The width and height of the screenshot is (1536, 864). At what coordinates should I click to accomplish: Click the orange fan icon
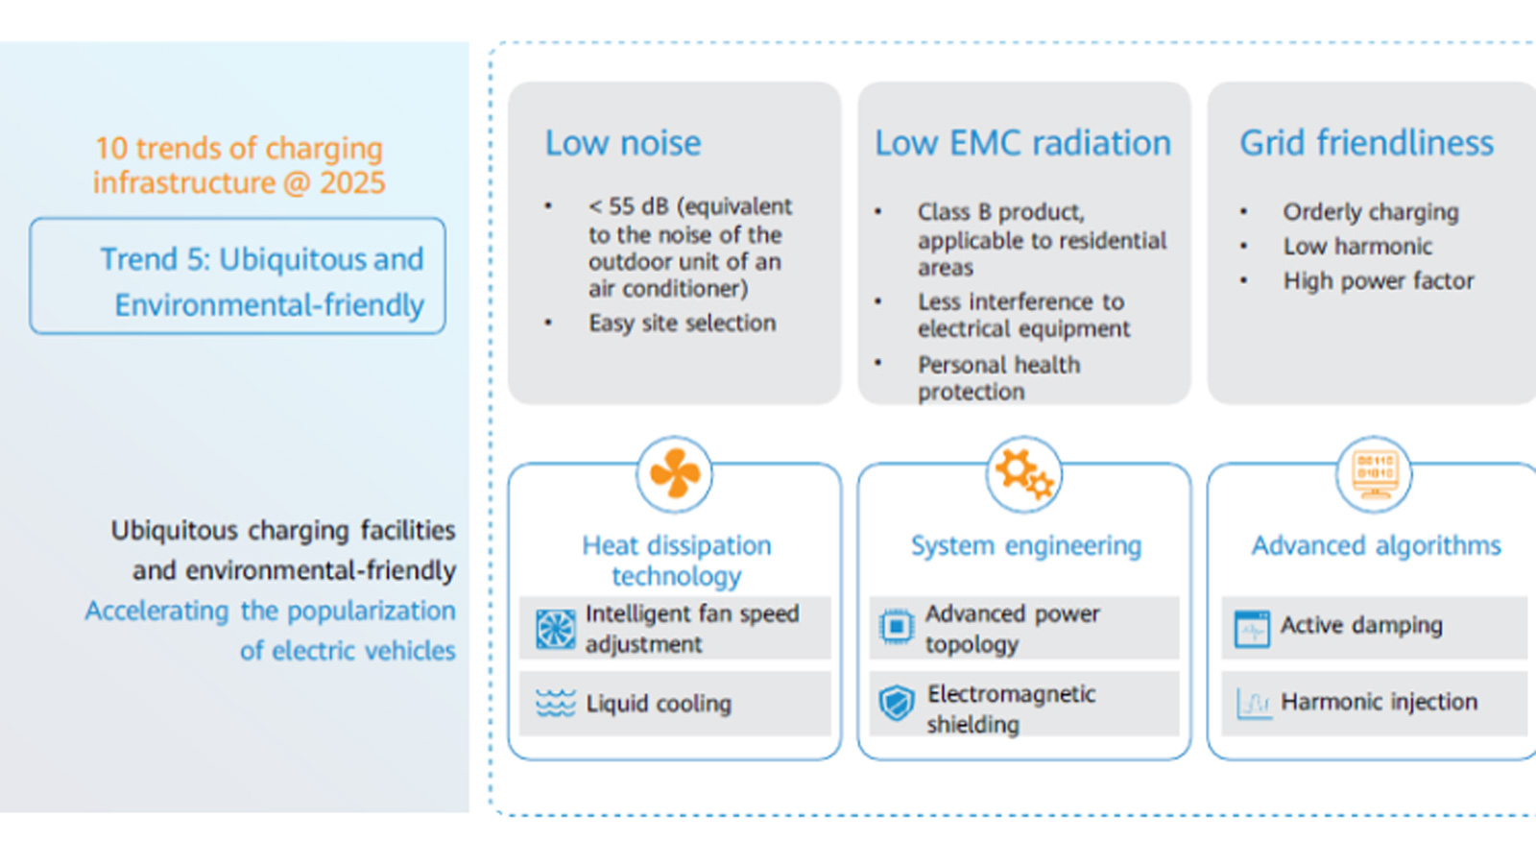(x=675, y=474)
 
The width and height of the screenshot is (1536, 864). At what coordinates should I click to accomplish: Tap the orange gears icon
(x=1024, y=474)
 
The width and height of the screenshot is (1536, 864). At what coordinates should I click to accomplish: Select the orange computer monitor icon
(x=1374, y=474)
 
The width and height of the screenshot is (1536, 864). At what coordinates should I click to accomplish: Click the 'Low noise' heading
(x=623, y=143)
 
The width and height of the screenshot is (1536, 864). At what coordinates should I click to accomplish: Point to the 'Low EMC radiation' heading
(x=1022, y=143)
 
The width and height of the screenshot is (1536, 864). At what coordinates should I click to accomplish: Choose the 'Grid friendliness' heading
(x=1366, y=143)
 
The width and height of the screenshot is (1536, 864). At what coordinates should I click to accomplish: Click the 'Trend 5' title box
(x=238, y=276)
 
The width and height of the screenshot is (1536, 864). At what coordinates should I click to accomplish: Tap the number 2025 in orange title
(x=352, y=182)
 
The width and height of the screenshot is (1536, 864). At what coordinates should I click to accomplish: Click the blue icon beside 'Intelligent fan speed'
(x=555, y=629)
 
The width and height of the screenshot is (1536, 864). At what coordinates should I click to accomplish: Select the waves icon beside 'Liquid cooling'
(x=555, y=703)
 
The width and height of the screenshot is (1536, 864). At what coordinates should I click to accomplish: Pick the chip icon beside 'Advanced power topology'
(x=897, y=627)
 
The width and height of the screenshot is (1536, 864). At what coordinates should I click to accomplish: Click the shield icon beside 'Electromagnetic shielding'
(x=897, y=704)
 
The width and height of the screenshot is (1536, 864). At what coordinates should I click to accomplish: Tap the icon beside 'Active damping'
(x=1252, y=629)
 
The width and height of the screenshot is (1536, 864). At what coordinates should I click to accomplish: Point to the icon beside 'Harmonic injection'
(x=1252, y=704)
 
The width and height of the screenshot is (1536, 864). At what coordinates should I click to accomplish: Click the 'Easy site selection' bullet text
(x=682, y=323)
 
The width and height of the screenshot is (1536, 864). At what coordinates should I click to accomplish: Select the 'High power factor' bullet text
(x=1378, y=281)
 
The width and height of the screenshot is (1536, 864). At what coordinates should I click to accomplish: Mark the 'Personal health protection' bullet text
(x=998, y=378)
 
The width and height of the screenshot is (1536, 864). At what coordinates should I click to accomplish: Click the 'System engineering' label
(x=1025, y=546)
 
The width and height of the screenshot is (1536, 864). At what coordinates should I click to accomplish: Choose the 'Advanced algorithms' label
(x=1376, y=546)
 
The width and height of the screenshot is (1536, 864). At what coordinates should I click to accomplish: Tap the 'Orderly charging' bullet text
(x=1370, y=212)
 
